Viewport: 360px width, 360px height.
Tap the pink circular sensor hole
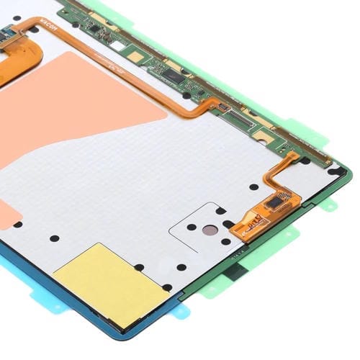point(208,230)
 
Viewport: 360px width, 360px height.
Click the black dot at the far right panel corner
point(333,171)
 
